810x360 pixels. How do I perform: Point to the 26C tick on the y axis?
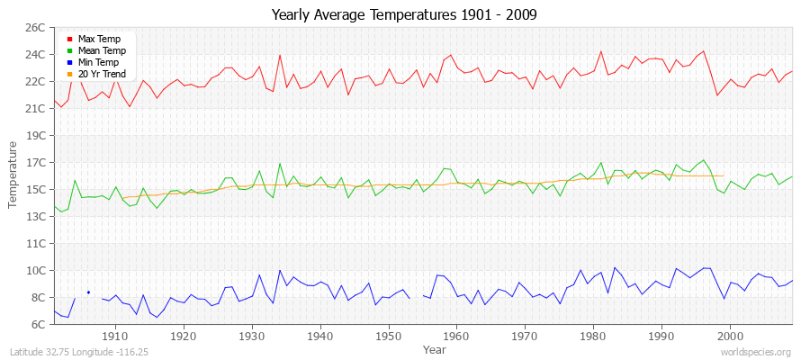coord(35,28)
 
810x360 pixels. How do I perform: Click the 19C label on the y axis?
coord(35,136)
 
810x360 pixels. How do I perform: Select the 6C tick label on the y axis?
coord(38,324)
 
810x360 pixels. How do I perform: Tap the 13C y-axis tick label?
coord(35,217)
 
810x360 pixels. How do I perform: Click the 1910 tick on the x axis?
coord(115,336)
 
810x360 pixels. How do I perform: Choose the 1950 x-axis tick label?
coord(389,336)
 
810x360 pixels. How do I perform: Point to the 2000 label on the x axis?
coord(730,336)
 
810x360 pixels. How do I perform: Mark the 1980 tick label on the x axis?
coord(593,336)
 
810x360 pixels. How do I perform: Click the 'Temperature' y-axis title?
coord(13,175)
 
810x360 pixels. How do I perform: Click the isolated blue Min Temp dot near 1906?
coord(88,292)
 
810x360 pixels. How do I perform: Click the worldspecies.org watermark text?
coord(755,352)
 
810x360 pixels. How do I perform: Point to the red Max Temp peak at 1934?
coord(280,56)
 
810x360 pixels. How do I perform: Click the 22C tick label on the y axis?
coord(35,82)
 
